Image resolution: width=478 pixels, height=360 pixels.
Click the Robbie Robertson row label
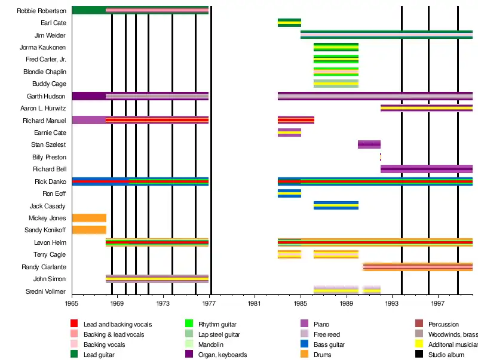click(42, 11)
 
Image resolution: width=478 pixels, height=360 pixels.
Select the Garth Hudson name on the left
click(47, 96)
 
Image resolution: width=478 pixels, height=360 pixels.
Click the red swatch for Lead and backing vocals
click(74, 324)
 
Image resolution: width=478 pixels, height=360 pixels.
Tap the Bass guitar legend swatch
click(304, 344)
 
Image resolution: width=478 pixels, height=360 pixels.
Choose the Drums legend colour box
click(304, 355)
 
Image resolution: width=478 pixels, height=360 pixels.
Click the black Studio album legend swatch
click(419, 355)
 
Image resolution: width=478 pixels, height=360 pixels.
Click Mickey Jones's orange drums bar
click(89, 218)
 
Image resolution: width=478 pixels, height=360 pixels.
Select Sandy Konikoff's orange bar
click(89, 230)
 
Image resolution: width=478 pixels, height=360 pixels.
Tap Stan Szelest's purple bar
click(369, 144)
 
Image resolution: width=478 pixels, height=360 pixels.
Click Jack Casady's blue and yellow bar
click(336, 205)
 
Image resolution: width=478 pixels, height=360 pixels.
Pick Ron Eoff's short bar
click(289, 193)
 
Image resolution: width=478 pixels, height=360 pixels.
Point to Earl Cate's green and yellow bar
click(289, 23)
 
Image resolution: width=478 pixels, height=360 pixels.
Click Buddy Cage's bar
click(336, 84)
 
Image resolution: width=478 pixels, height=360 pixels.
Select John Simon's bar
click(157, 279)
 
